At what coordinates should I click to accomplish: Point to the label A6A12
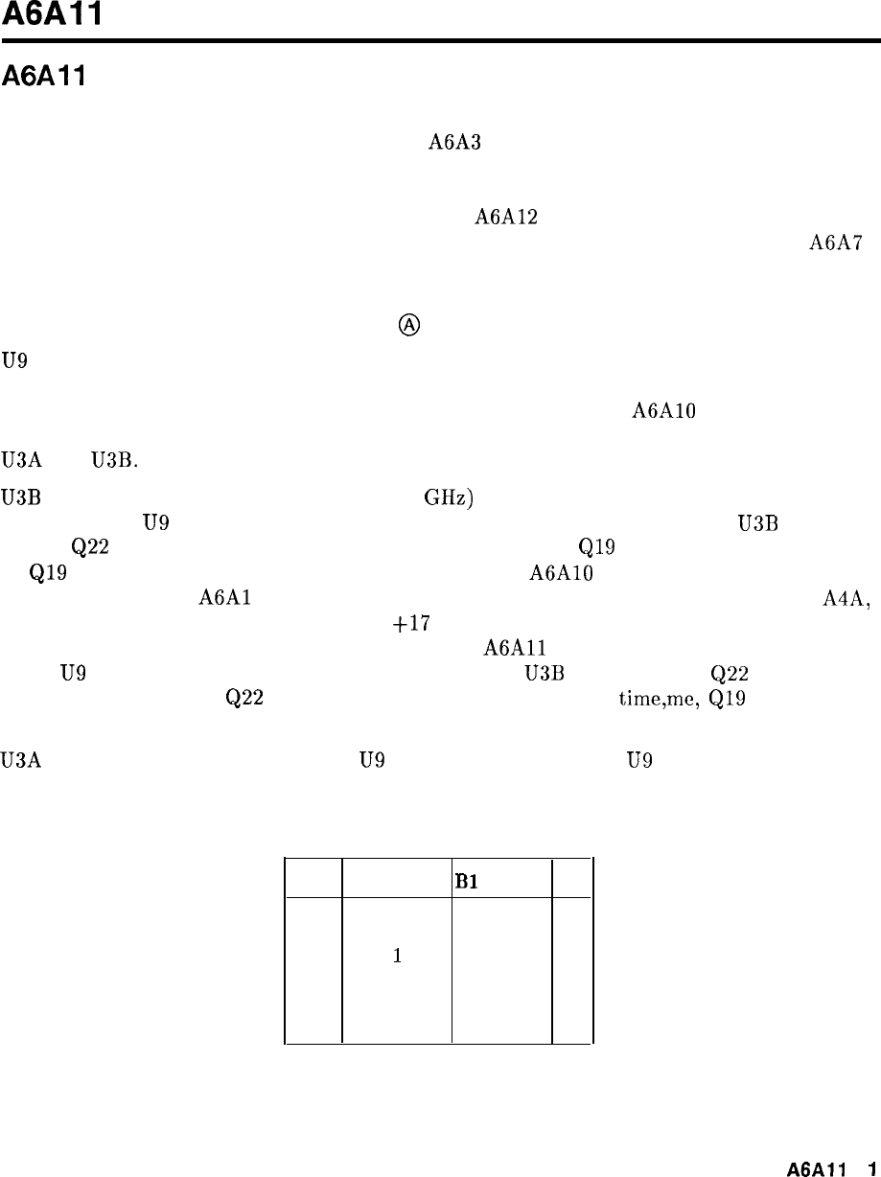pyautogui.click(x=505, y=217)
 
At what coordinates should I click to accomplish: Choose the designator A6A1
pyautogui.click(x=224, y=598)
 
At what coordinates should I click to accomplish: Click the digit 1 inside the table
pyautogui.click(x=396, y=957)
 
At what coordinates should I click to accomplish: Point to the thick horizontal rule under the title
pyautogui.click(x=440, y=42)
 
